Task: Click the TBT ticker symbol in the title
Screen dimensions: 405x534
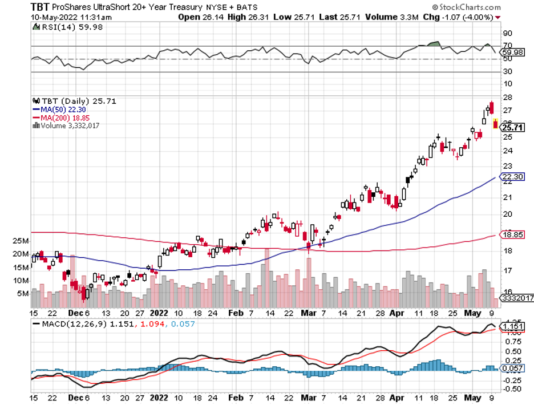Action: [x=39, y=7]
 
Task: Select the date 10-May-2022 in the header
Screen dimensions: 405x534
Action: [x=48, y=17]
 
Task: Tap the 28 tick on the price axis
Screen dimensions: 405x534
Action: [x=507, y=97]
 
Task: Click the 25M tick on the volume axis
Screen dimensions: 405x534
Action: [x=21, y=241]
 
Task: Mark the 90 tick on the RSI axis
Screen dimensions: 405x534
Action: [x=507, y=33]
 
